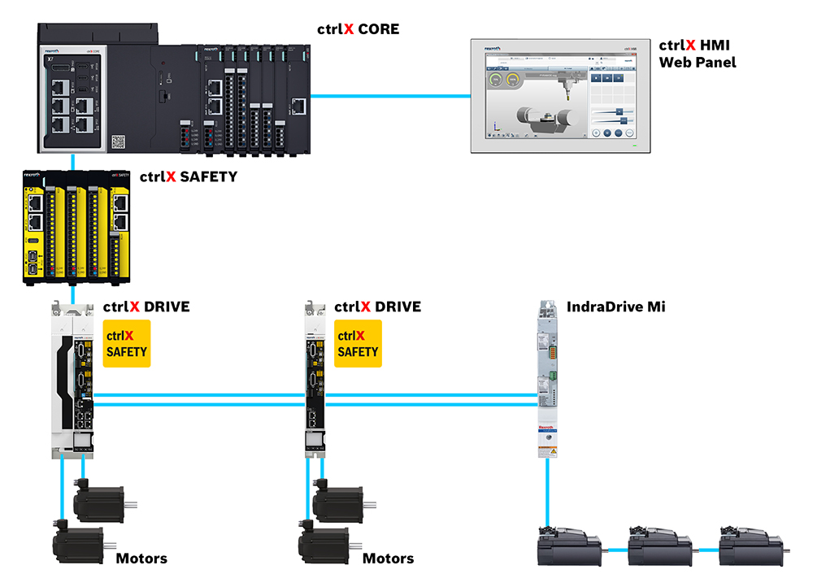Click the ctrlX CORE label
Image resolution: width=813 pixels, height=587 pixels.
click(x=358, y=29)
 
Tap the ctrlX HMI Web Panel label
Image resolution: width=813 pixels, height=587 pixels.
click(x=697, y=54)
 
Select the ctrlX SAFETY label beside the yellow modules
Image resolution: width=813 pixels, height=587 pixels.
click(x=188, y=176)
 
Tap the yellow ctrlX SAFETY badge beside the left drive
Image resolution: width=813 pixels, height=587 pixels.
click(x=127, y=343)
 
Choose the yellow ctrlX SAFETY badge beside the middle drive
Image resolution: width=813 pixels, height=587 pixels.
click(x=358, y=343)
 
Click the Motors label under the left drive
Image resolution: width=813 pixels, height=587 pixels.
click(x=141, y=559)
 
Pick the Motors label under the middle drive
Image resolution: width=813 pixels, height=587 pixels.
click(x=388, y=559)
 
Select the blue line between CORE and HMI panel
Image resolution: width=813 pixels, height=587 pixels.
click(x=391, y=96)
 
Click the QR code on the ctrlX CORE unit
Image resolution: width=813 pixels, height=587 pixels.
click(x=120, y=141)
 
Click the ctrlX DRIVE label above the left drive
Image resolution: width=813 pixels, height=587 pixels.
click(x=146, y=307)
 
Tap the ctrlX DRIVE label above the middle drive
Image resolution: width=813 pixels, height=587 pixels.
click(x=377, y=307)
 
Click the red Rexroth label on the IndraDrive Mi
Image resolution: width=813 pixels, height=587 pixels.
click(x=547, y=428)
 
